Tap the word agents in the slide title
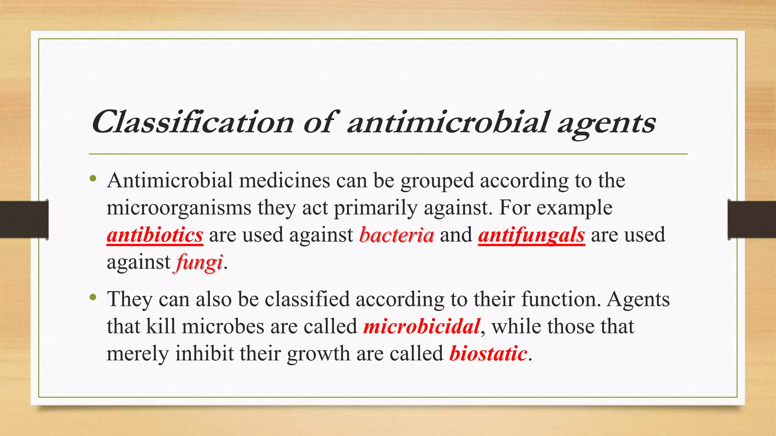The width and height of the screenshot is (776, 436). (606, 123)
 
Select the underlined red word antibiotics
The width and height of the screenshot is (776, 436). (155, 235)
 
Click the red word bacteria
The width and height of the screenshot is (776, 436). (396, 235)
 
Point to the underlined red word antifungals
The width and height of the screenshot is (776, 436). (532, 235)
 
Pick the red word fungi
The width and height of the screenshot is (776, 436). (199, 262)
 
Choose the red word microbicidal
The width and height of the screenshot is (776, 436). (422, 326)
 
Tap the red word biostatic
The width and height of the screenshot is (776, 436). (488, 353)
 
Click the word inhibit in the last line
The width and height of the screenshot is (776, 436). (204, 353)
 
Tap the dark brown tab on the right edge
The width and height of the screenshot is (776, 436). (752, 220)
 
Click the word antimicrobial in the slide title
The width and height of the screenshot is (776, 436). (447, 122)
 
